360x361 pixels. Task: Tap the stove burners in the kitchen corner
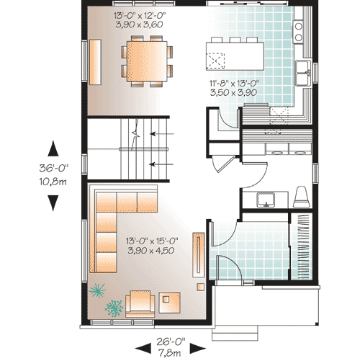(x=299, y=29)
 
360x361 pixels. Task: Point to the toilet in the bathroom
(x=301, y=197)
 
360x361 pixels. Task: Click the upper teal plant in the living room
(x=96, y=290)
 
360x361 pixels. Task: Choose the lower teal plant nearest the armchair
(x=113, y=309)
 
